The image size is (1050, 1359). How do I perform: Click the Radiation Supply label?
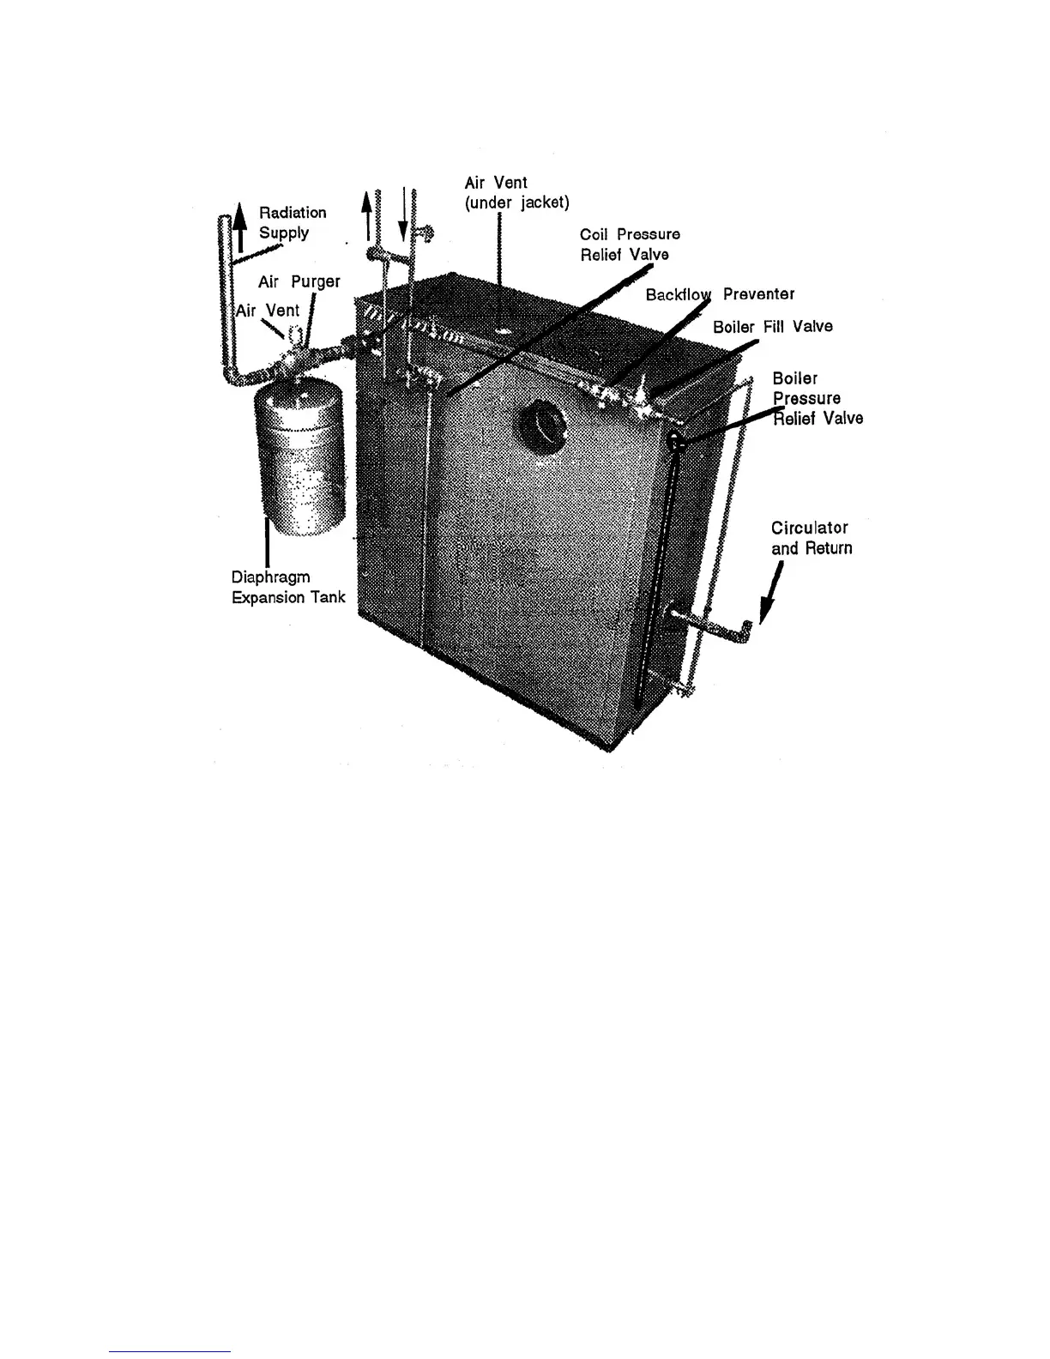[293, 222]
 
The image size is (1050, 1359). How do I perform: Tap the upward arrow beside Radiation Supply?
[241, 225]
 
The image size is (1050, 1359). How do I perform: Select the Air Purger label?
[299, 281]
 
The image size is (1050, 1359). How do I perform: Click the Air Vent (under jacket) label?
[516, 192]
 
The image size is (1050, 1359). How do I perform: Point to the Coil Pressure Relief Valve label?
[630, 244]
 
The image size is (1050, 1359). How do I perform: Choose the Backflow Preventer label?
[720, 294]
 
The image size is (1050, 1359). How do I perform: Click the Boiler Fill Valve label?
[772, 327]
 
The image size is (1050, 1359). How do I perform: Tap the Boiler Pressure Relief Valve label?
[817, 398]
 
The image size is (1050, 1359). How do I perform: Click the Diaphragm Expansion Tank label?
[288, 588]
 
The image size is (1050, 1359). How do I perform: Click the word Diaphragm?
[270, 577]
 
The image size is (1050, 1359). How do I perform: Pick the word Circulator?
[809, 528]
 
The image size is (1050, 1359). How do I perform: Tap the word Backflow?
[679, 294]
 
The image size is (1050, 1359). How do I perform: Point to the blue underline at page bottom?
[170, 1351]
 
